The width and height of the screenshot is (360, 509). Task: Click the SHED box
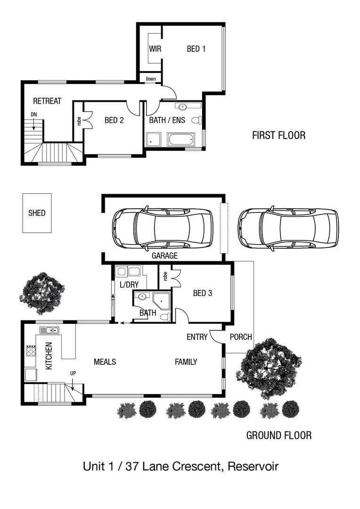tap(37, 213)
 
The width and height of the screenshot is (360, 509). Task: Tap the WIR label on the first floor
tap(155, 49)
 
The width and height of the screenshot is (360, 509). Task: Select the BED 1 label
tap(196, 49)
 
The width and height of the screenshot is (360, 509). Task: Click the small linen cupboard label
tap(151, 78)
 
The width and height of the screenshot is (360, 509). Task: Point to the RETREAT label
tap(47, 101)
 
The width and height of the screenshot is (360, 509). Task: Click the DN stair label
tap(33, 115)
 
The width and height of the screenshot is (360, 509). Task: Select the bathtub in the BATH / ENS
tap(180, 140)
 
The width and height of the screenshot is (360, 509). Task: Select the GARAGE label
tap(164, 256)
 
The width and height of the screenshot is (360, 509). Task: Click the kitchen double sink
tap(49, 330)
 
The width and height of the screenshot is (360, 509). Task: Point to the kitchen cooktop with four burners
tap(31, 351)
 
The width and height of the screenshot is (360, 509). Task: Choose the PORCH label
tap(240, 337)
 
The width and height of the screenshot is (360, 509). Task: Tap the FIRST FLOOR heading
tap(278, 136)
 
